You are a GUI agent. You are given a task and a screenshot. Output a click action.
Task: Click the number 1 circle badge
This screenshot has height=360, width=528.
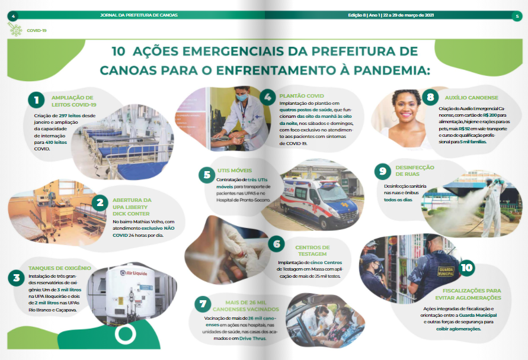point(36,100)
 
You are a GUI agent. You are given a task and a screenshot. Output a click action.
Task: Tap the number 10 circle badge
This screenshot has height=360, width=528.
point(467,268)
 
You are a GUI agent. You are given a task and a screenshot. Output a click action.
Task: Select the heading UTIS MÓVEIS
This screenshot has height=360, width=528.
point(235,171)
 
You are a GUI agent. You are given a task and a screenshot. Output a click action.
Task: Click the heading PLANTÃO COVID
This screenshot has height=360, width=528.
point(302,96)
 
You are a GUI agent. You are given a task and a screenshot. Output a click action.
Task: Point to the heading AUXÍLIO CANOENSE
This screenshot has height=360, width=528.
point(472,98)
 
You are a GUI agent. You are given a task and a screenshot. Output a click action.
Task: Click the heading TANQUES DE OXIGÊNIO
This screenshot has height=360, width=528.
point(60,268)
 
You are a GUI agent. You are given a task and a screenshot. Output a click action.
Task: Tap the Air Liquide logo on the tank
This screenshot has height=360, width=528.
point(134,273)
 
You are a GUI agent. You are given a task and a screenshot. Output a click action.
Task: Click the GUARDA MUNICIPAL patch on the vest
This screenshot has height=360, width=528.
point(446,272)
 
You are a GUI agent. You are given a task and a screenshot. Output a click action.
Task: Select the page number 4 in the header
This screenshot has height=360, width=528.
point(13,16)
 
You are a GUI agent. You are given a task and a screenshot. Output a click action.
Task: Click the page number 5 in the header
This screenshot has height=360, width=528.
point(517,16)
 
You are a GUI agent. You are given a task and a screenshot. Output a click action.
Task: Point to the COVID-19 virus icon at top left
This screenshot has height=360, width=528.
point(15,30)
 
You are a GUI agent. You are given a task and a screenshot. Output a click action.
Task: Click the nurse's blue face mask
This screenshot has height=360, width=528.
point(242,98)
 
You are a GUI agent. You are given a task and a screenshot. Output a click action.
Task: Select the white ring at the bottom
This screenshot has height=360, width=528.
point(125,334)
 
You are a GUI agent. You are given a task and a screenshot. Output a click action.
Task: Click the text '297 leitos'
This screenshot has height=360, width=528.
point(70,115)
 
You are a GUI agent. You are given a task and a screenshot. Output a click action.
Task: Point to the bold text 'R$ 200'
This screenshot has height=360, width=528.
point(490,115)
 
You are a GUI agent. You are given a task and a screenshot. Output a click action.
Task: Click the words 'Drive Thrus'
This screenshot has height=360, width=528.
point(252,339)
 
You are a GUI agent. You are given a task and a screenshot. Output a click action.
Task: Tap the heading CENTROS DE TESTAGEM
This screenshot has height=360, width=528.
point(312,250)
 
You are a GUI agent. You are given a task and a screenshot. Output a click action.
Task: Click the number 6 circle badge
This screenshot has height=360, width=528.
point(277,244)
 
